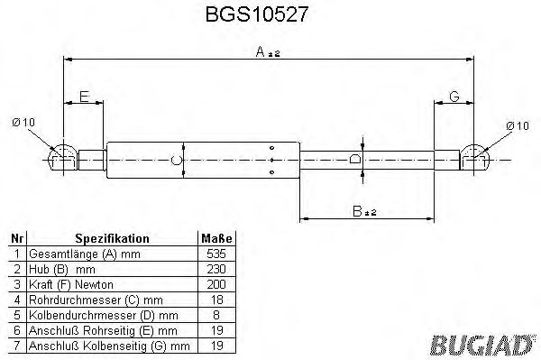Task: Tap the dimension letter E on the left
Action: point(84,97)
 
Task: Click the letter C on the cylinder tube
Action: point(177,161)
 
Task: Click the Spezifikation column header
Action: point(112,239)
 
